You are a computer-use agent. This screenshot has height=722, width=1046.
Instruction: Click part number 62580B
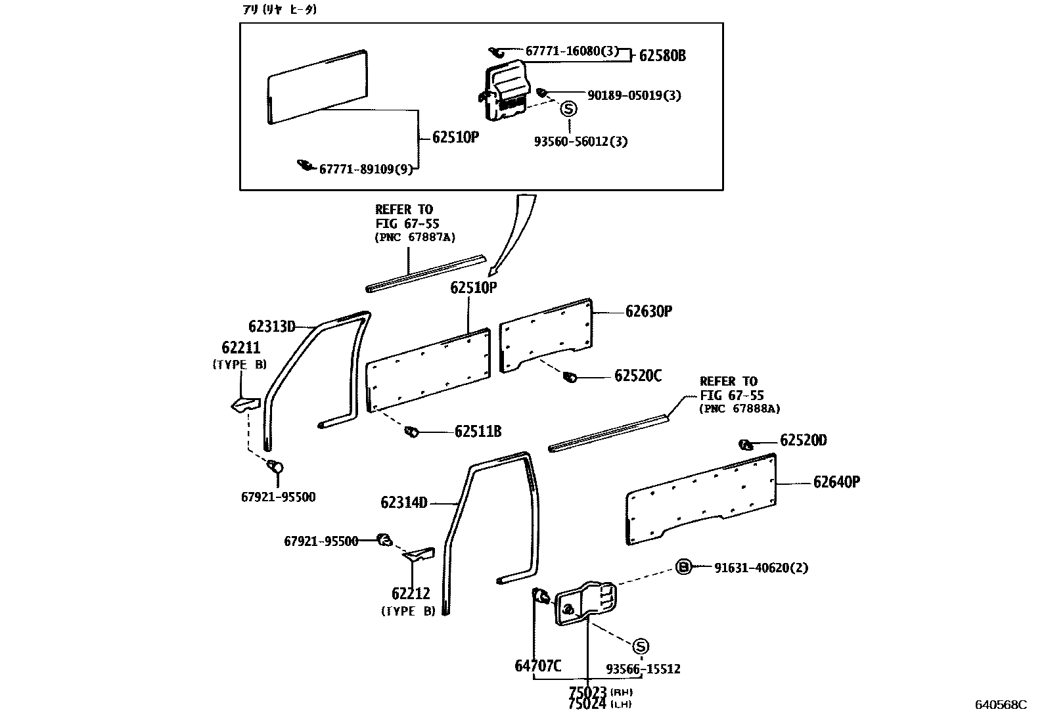[662, 56]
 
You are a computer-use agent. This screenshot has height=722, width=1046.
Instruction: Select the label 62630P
[648, 311]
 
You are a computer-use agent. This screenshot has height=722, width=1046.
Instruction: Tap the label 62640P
[836, 482]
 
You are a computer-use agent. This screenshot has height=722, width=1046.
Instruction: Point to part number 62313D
[272, 327]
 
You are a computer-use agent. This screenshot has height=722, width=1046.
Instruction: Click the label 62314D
[403, 503]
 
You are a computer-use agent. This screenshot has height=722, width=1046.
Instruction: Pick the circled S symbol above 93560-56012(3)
[568, 110]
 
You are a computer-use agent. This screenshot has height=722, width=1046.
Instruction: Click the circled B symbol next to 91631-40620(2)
[684, 567]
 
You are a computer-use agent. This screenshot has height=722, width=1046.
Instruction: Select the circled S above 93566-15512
[641, 646]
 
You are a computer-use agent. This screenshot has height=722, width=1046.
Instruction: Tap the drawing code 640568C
[999, 705]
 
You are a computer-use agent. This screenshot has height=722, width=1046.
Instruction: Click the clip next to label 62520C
[570, 377]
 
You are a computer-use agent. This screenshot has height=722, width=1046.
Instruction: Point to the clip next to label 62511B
[412, 432]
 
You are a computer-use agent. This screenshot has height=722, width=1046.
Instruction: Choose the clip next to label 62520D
[746, 445]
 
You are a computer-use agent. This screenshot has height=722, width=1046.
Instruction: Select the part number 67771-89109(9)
[366, 169]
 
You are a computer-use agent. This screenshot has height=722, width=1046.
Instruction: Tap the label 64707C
[537, 666]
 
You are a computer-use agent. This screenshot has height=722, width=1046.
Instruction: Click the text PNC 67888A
[739, 409]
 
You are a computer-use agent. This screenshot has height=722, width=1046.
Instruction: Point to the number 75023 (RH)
[588, 692]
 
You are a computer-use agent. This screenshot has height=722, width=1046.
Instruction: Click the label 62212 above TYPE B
[411, 594]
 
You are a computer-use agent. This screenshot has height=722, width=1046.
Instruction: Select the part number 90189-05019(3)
[633, 95]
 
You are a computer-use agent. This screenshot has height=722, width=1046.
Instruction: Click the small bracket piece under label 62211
[246, 403]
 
